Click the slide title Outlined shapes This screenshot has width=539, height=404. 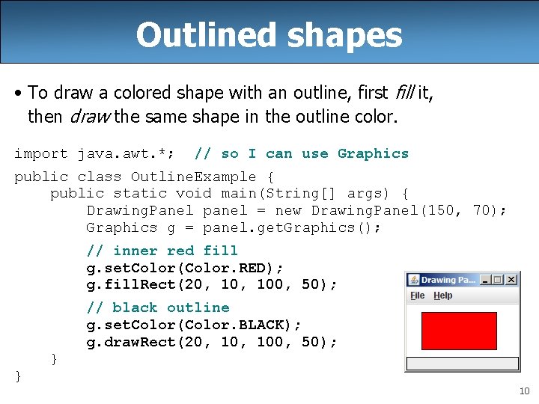coord(269,34)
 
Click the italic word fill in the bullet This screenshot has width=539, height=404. coord(403,93)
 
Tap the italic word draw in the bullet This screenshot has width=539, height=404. coord(85,116)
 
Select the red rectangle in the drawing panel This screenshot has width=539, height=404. coord(459,331)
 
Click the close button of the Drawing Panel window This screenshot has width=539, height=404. coord(511,280)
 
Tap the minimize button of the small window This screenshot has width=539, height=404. coord(486,280)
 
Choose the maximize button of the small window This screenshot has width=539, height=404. coord(499,280)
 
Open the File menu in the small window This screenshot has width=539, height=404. coord(417,296)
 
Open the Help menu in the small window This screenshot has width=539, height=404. coord(442,296)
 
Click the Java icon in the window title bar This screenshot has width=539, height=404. coord(413,280)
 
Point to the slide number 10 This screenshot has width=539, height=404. coord(524,391)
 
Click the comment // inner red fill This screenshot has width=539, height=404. coord(162,251)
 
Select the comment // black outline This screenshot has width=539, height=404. coord(158,307)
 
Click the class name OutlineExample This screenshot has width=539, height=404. coord(193,177)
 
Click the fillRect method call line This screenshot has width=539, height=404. coord(212,285)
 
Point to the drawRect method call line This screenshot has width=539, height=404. coord(212,342)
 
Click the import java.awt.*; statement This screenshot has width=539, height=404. coord(95,154)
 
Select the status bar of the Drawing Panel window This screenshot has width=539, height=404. coord(462,364)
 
